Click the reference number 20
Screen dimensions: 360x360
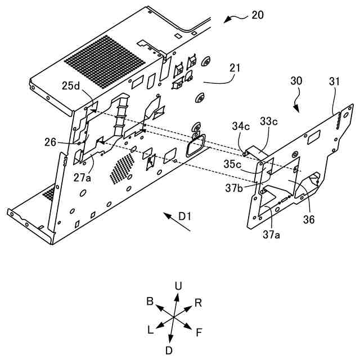(x=257, y=15)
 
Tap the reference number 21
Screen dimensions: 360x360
(x=235, y=69)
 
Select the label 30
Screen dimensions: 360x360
(x=296, y=80)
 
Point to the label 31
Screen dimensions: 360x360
(x=335, y=81)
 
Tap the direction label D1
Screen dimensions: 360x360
(x=186, y=215)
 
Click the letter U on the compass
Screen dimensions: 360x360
(x=178, y=286)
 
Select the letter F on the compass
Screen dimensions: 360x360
(x=199, y=332)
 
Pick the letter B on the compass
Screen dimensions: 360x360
(x=150, y=301)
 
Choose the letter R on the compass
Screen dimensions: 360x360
(x=198, y=303)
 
